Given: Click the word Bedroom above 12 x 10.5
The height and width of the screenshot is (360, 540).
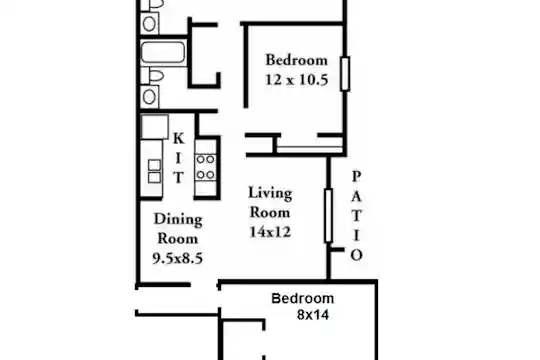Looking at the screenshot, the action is point(297,60).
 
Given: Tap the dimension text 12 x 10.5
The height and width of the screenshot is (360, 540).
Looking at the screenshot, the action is point(297,80).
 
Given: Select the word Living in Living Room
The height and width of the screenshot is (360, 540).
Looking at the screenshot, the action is point(270,193).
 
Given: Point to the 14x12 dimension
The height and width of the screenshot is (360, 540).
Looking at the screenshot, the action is point(270,232).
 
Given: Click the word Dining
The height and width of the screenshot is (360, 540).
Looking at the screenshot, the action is point(178,220).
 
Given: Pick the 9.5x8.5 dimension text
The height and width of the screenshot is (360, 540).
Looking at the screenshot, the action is point(178,258).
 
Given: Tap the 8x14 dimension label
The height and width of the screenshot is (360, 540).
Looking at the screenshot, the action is point(313,315).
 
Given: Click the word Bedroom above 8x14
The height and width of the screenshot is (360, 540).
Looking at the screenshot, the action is point(303,298).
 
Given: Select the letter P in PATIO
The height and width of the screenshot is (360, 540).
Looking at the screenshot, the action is point(356,177).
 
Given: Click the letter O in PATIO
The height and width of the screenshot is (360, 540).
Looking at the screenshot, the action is point(356,255).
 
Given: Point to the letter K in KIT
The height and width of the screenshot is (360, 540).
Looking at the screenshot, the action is point(178,138).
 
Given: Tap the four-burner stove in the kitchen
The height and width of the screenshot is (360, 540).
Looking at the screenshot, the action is point(206,167).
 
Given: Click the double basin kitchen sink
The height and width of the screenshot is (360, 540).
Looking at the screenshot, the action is point(154,171).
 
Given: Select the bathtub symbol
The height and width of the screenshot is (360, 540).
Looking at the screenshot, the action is point(163,52).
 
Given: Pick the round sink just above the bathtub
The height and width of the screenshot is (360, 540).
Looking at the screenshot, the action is point(149,24).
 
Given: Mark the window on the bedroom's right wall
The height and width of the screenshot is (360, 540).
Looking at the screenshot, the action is point(345,74).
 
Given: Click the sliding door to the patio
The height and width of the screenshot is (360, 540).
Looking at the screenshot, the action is point(329,216).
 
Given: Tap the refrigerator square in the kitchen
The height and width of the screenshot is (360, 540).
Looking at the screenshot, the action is point(155,127).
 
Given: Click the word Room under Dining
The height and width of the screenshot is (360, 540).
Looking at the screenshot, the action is point(178,239).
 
